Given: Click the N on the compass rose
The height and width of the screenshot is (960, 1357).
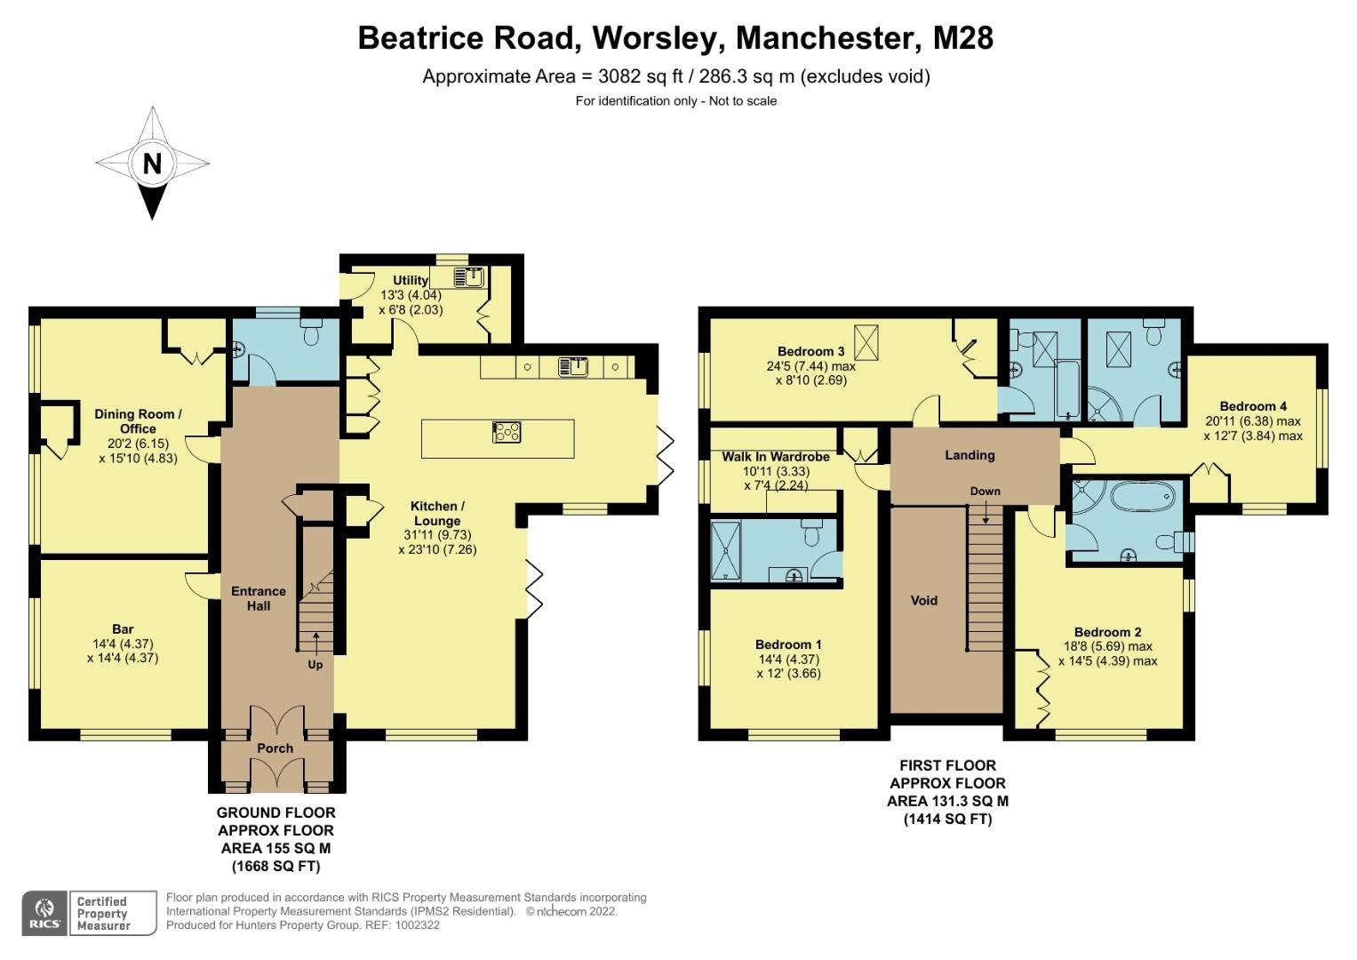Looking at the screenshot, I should tap(152, 164).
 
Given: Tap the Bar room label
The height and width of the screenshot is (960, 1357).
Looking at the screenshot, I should tap(123, 629).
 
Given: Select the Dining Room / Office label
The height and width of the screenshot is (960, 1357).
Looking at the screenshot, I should tap(138, 421).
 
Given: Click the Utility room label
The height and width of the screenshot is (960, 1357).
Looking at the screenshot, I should tap(411, 280).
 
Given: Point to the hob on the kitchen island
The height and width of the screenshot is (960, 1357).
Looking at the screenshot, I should tap(507, 432).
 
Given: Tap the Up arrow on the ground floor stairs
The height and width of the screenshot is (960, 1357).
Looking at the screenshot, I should tap(315, 644).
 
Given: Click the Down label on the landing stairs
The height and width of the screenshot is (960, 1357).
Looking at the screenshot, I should tap(985, 492).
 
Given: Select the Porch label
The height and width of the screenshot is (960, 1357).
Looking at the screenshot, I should tap(275, 748).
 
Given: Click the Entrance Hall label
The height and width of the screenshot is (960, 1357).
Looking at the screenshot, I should tap(259, 598).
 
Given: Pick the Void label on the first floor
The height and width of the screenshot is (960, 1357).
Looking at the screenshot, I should tap(924, 600).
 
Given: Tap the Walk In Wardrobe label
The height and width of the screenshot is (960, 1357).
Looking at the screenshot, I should tap(776, 457).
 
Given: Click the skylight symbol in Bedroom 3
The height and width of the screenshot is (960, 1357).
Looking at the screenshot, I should tap(865, 340).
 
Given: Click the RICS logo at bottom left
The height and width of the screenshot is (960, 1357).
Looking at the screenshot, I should tap(44, 913).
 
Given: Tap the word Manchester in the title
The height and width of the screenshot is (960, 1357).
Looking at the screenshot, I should tap(829, 38).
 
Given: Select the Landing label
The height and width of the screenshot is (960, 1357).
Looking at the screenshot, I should tap(970, 455).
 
